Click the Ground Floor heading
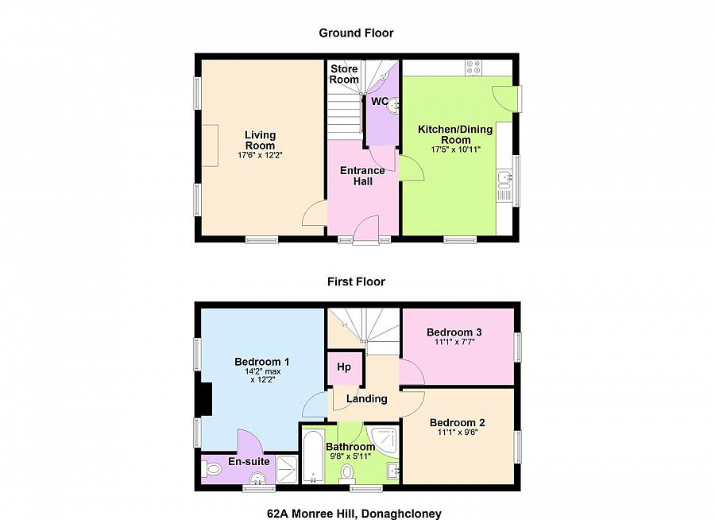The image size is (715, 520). (x=356, y=33)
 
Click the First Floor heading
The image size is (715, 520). (x=356, y=281)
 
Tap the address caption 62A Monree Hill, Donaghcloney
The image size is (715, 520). (x=354, y=514)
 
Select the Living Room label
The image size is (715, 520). (x=260, y=140)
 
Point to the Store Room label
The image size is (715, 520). (x=345, y=74)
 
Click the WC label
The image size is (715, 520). (x=380, y=101)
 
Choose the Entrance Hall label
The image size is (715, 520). (x=362, y=176)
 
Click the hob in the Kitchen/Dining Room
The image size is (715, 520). (x=474, y=68)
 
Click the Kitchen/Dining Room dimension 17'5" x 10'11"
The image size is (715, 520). (x=456, y=149)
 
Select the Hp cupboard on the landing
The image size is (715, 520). (x=345, y=367)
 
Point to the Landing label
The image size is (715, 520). (x=366, y=398)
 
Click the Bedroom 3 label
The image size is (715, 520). (x=454, y=332)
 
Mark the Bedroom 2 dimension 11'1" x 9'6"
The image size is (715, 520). (x=457, y=433)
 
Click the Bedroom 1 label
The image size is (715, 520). (x=261, y=363)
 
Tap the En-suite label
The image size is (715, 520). (x=249, y=461)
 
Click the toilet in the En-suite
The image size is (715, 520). (x=213, y=470)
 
